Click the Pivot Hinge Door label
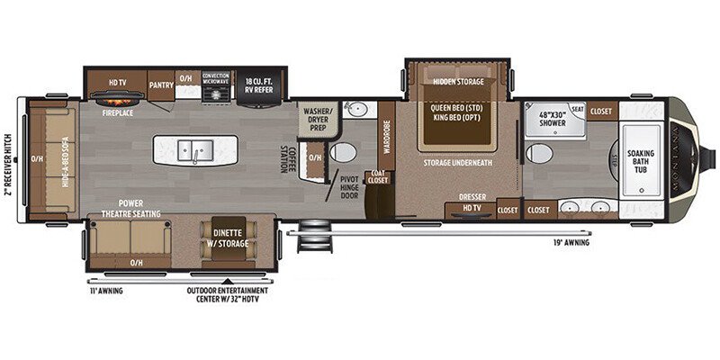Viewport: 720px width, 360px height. pyautogui.click(x=348, y=188)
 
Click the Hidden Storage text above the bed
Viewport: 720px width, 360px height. pyautogui.click(x=458, y=82)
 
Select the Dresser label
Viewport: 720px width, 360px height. pyautogui.click(x=472, y=195)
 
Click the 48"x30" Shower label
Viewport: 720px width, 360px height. pyautogui.click(x=553, y=119)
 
